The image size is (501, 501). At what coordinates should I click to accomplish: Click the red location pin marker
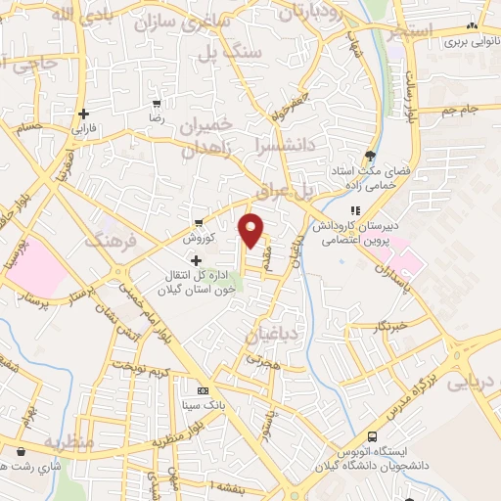pos(251,231)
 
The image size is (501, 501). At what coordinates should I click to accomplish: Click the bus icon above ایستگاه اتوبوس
pos(371,436)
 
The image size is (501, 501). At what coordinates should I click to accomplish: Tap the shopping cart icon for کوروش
pos(199,222)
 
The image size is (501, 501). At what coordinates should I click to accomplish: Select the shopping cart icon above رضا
pos(157,102)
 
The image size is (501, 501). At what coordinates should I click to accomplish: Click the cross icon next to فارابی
pos(85,113)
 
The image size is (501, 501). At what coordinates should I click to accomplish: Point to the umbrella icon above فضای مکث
pos(369,155)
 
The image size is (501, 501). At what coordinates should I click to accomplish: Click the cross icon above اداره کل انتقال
pos(197,260)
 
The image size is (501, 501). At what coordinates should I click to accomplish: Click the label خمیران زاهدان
pos(218,136)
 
